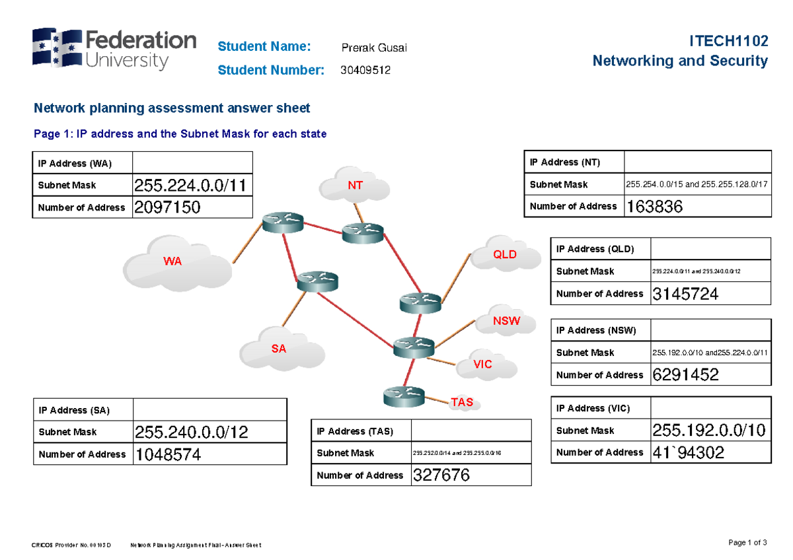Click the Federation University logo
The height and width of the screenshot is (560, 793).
[x=114, y=48]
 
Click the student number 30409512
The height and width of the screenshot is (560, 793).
[x=365, y=70]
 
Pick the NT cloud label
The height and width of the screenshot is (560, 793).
[x=356, y=186]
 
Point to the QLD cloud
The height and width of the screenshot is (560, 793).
[x=505, y=254]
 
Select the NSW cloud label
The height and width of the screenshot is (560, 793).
[x=506, y=322]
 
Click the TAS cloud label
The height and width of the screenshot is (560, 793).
[x=461, y=402]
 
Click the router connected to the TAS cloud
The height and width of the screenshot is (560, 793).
[x=402, y=396]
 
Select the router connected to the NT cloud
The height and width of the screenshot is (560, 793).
[x=363, y=232]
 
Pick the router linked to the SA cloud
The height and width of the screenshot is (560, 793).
[x=318, y=281]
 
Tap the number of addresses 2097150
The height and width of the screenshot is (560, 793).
[x=167, y=207]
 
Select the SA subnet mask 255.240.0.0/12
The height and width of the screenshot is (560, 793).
[x=191, y=432]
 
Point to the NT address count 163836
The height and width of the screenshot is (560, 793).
[x=655, y=207]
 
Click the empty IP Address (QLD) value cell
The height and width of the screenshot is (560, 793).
[x=710, y=249]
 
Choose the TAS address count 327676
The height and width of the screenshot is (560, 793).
[x=441, y=475]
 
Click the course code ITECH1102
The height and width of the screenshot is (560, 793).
[x=728, y=41]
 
